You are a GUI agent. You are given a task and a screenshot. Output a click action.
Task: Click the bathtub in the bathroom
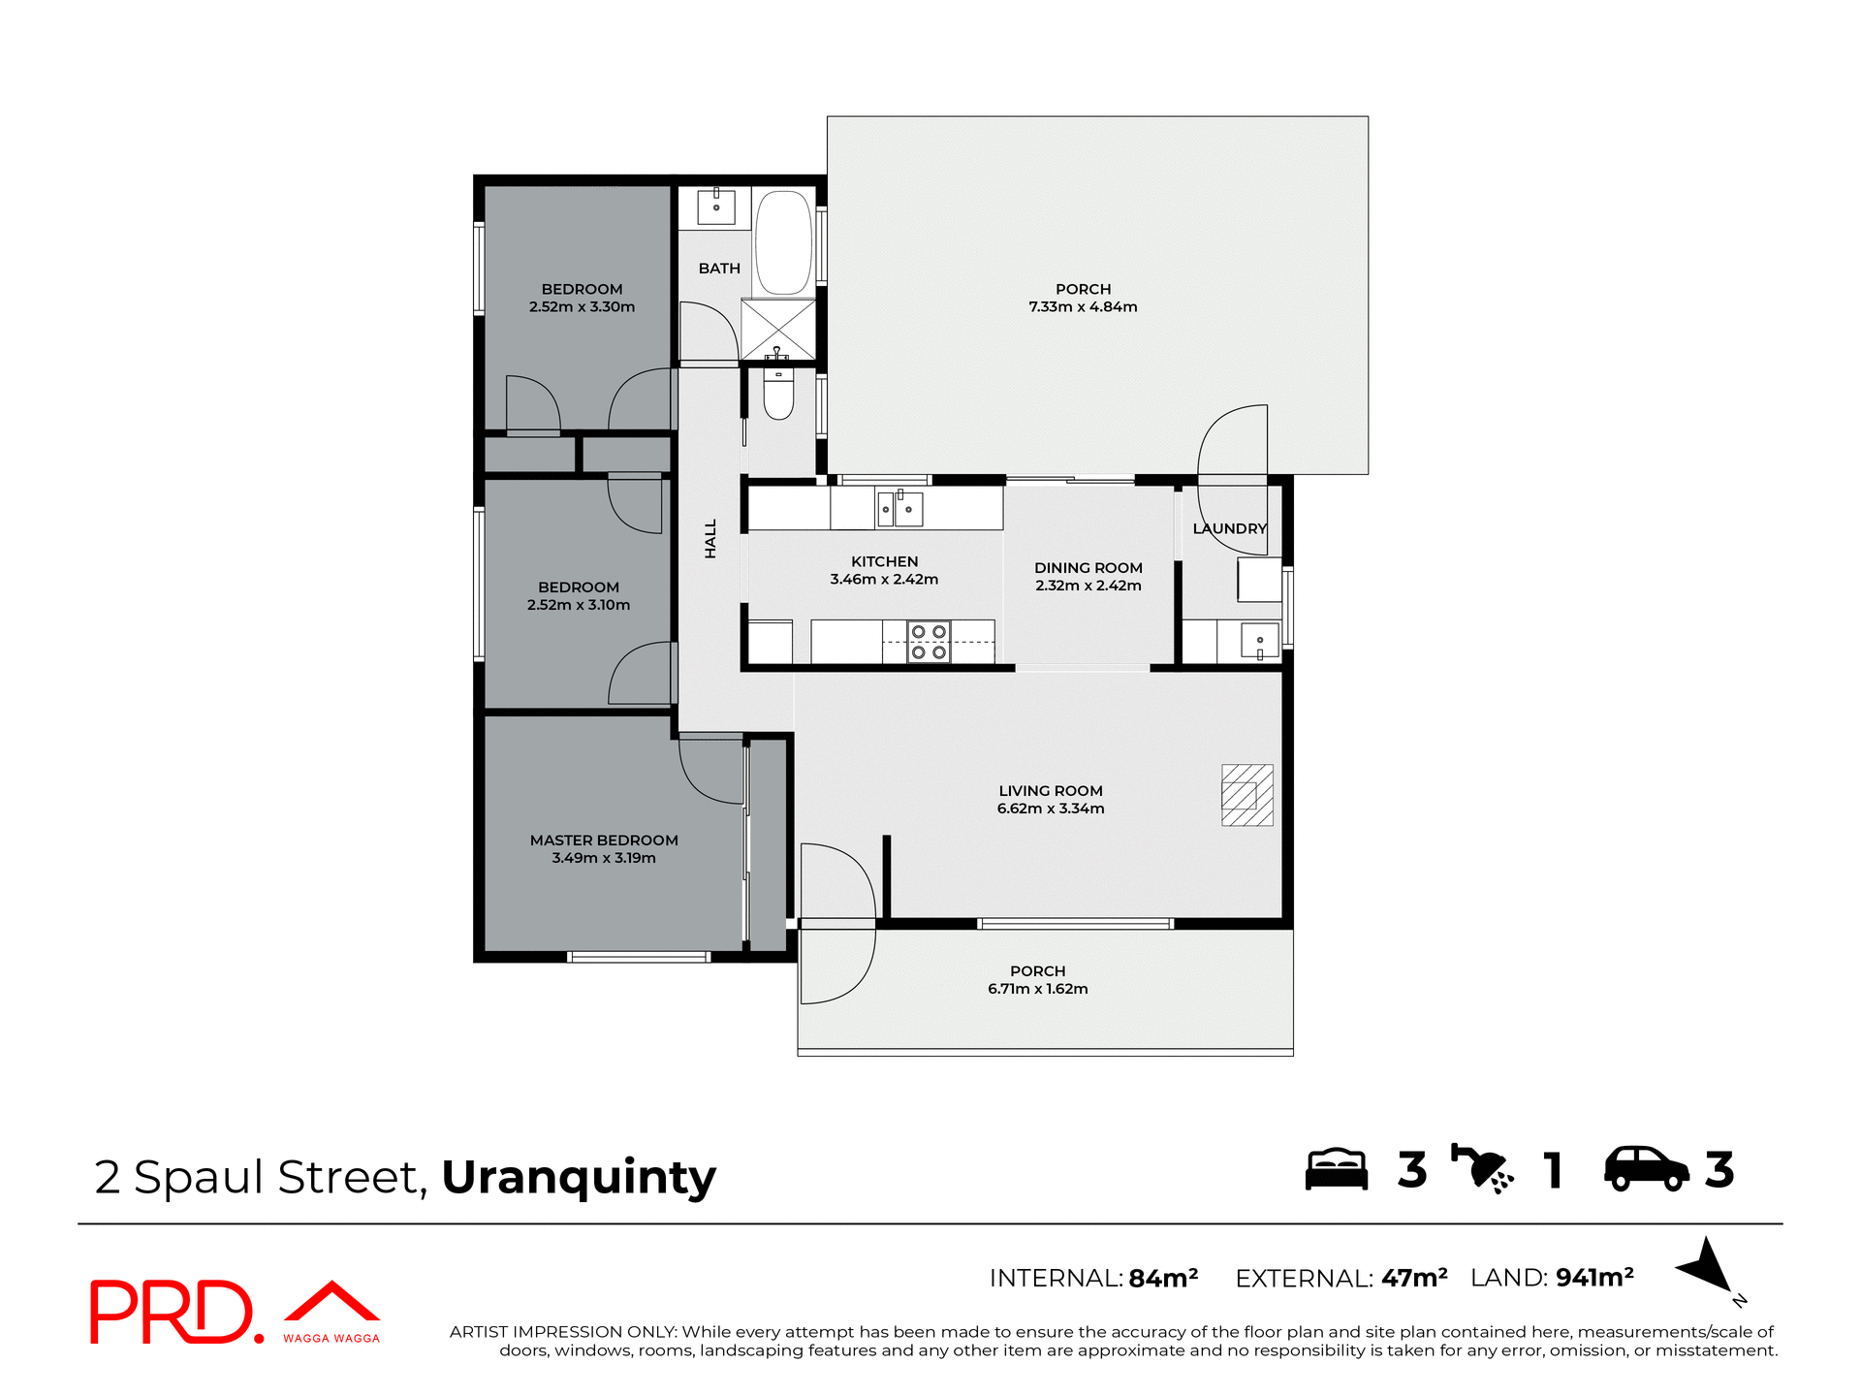click(783, 242)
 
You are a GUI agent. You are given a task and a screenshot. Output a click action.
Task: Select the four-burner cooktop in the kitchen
click(928, 642)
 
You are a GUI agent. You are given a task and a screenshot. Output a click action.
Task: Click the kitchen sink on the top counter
click(899, 509)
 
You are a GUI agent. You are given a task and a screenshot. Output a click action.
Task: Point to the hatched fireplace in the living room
click(1246, 795)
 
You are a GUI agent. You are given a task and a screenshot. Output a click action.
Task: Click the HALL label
click(710, 538)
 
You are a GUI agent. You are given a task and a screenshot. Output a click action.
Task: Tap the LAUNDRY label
click(1229, 528)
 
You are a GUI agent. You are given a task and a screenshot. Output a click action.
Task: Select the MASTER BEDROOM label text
click(604, 841)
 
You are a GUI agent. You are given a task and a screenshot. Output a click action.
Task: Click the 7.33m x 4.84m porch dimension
click(1083, 307)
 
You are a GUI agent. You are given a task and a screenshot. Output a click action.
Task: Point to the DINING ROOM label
click(1088, 568)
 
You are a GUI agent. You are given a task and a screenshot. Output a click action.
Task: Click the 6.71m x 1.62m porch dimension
click(1037, 989)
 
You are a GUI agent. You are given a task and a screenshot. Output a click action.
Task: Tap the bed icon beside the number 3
click(1336, 1169)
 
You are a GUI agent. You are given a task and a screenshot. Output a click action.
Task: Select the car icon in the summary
click(1646, 1169)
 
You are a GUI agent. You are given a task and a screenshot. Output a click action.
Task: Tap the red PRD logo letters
click(173, 1313)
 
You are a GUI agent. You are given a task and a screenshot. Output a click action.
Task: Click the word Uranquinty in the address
click(579, 1177)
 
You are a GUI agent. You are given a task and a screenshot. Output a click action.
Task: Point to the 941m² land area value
click(1594, 1278)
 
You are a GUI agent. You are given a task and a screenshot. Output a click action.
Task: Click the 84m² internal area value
click(1163, 1279)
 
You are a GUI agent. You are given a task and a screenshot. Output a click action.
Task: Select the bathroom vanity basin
click(716, 206)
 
